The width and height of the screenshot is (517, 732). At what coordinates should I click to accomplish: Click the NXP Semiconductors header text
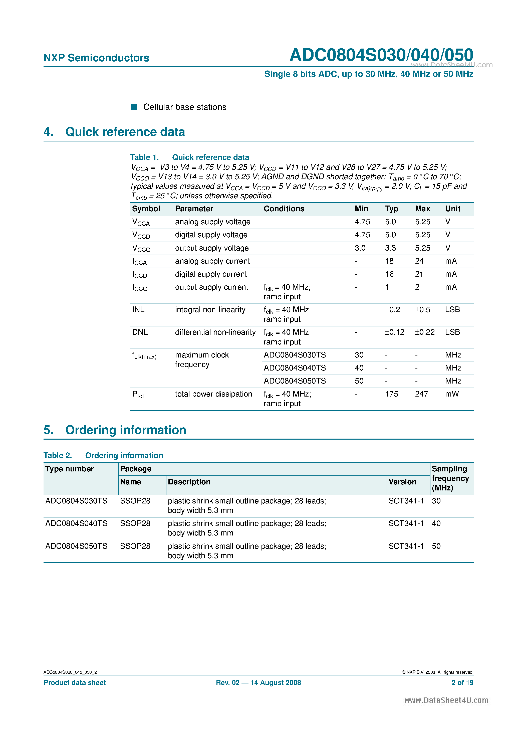tap(96, 58)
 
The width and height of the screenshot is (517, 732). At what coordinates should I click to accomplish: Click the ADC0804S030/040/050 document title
tap(381, 55)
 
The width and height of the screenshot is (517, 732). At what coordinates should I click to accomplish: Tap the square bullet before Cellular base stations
tap(134, 107)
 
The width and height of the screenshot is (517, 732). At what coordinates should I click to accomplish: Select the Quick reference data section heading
tap(125, 132)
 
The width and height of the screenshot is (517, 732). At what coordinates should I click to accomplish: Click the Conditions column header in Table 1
tap(284, 209)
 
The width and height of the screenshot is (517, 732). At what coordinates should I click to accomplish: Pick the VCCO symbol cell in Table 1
tap(141, 248)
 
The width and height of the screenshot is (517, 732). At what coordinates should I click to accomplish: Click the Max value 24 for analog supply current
tap(419, 261)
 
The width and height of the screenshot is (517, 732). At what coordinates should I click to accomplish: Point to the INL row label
tap(138, 310)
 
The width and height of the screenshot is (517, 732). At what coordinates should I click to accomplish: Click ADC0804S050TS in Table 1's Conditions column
tap(295, 381)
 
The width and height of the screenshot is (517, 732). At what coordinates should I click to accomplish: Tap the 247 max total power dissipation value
tap(421, 394)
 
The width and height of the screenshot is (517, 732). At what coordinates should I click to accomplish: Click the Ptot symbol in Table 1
tap(138, 395)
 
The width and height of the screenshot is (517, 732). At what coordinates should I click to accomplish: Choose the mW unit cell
tap(452, 394)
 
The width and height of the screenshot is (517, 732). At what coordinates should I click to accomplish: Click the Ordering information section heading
tap(126, 430)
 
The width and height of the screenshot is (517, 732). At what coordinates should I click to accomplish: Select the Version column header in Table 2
tap(402, 482)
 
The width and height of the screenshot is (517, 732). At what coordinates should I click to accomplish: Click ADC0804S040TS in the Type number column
tap(76, 523)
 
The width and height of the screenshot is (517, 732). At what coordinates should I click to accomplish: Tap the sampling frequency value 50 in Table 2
tap(436, 546)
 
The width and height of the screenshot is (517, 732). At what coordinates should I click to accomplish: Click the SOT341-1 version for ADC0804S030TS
tap(406, 501)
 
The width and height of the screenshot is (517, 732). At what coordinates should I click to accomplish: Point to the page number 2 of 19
tap(462, 683)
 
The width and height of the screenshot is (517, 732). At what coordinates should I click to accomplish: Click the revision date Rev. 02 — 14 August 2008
tap(258, 683)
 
